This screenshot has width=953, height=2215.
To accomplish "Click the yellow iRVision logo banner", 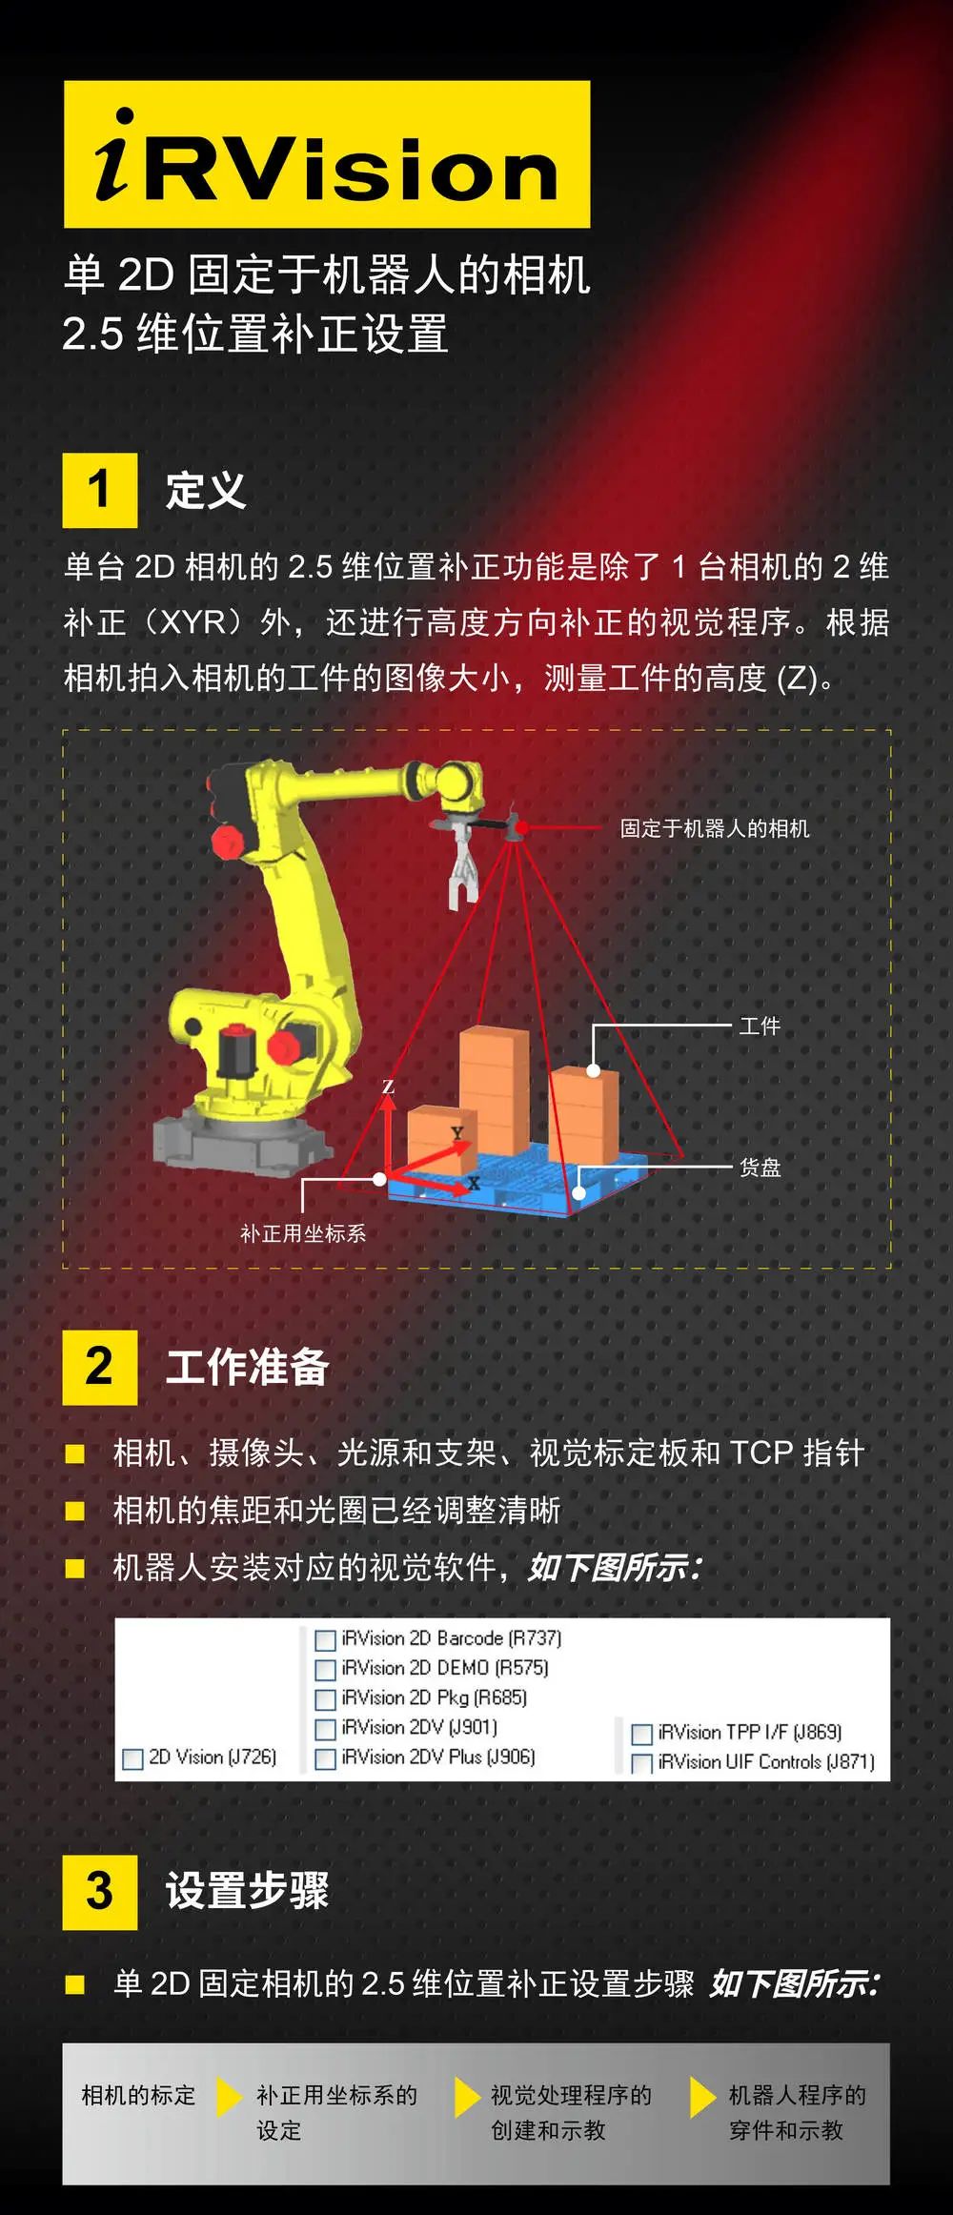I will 327,154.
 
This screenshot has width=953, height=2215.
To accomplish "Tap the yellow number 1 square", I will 99,490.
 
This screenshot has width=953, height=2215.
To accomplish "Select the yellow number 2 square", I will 99,1367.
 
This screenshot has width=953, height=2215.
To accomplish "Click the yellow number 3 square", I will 99,1892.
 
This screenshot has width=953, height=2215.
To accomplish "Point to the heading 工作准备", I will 247,1367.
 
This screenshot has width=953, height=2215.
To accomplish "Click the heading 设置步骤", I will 247,1892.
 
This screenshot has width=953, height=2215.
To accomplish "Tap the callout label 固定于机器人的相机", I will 714,828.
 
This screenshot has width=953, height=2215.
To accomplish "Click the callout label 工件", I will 760,1026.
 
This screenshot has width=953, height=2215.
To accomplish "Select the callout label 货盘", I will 760,1167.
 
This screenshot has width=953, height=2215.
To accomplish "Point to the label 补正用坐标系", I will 303,1233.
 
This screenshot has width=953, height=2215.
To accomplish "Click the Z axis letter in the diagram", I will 388,1087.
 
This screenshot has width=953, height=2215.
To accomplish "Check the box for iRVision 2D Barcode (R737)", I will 325,1639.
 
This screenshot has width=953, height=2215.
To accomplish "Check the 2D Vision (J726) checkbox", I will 133,1758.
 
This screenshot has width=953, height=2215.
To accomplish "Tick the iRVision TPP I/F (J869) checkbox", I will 642,1734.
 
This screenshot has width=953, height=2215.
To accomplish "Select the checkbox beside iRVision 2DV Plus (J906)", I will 325,1758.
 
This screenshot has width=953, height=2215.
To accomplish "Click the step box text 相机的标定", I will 138,2095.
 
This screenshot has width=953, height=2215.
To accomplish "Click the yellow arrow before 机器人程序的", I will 702,2097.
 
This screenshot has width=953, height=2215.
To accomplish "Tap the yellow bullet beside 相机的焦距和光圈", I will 74,1511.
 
